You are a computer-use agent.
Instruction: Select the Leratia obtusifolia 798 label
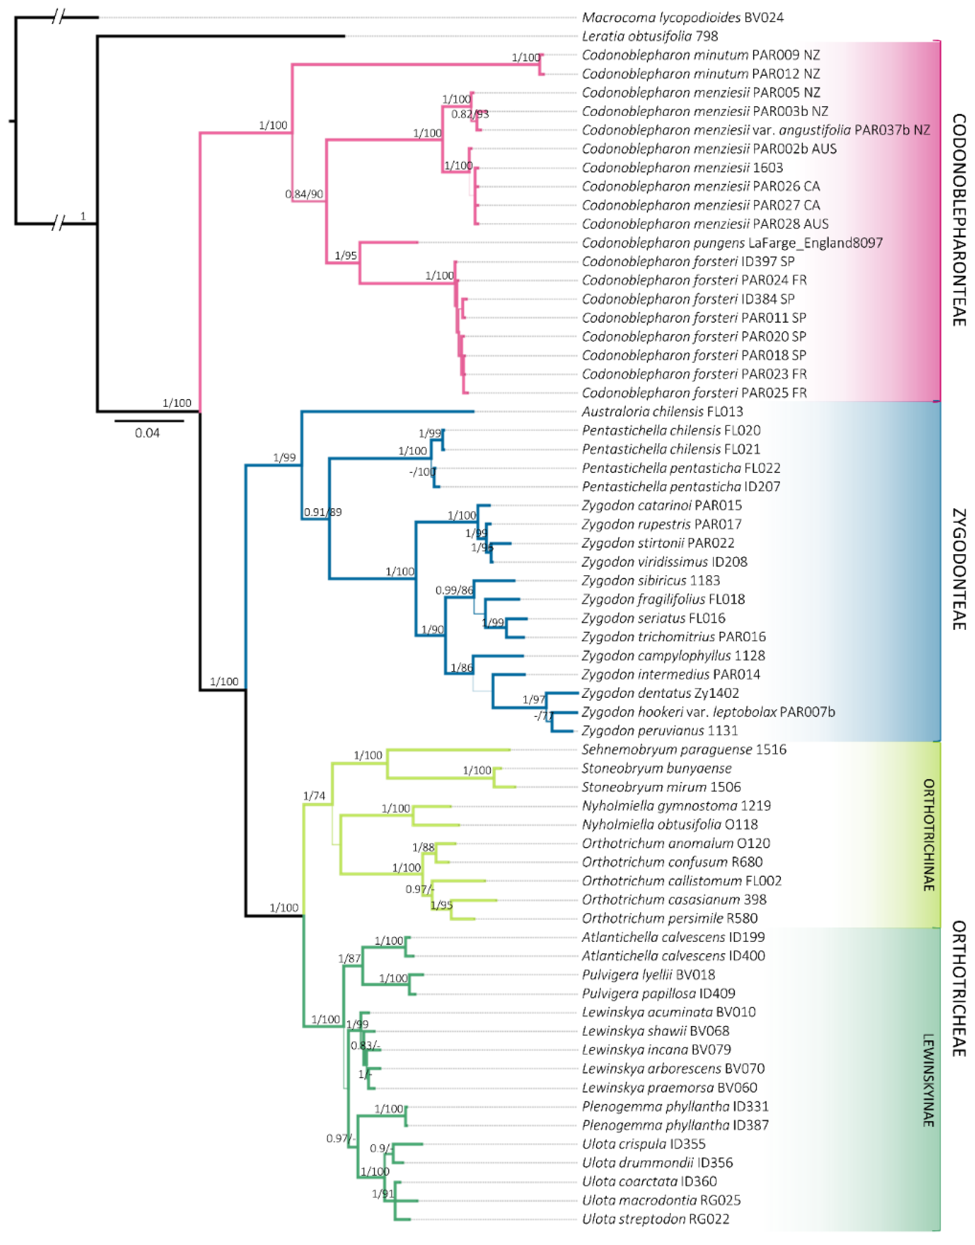pos(650,36)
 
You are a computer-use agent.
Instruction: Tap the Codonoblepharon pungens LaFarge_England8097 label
pos(732,243)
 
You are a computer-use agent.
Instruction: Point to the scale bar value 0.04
pos(147,433)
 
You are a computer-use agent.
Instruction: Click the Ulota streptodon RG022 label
pos(655,1219)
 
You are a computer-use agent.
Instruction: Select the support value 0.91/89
pos(323,512)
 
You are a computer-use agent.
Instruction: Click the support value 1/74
pos(314,796)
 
